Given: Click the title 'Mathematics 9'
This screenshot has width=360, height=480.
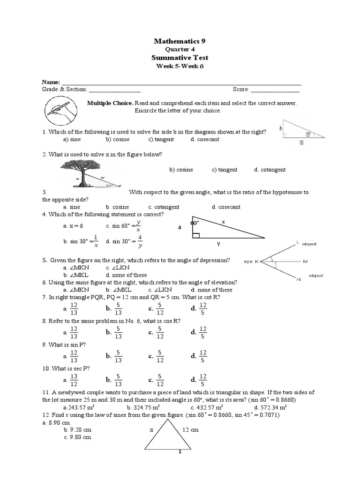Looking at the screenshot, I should click(x=180, y=41).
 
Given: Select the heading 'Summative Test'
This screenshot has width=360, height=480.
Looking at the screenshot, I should click(x=180, y=58).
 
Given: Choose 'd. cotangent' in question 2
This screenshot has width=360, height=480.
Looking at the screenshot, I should click(x=270, y=170).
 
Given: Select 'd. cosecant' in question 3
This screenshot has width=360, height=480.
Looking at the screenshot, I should click(x=226, y=207).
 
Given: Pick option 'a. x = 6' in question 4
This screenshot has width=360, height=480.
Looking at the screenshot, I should click(x=73, y=225).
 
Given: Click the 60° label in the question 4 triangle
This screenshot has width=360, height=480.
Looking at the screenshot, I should click(x=195, y=223).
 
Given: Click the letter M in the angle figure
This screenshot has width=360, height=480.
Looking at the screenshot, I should click(x=305, y=261).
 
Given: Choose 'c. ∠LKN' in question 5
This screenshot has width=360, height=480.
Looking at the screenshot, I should click(x=118, y=268).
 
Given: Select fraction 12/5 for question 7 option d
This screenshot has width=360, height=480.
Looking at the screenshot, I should click(x=202, y=308).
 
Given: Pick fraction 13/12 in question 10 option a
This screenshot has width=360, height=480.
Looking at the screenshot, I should click(x=74, y=380).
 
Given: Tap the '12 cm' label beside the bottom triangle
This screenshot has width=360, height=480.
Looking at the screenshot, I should click(x=190, y=429).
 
